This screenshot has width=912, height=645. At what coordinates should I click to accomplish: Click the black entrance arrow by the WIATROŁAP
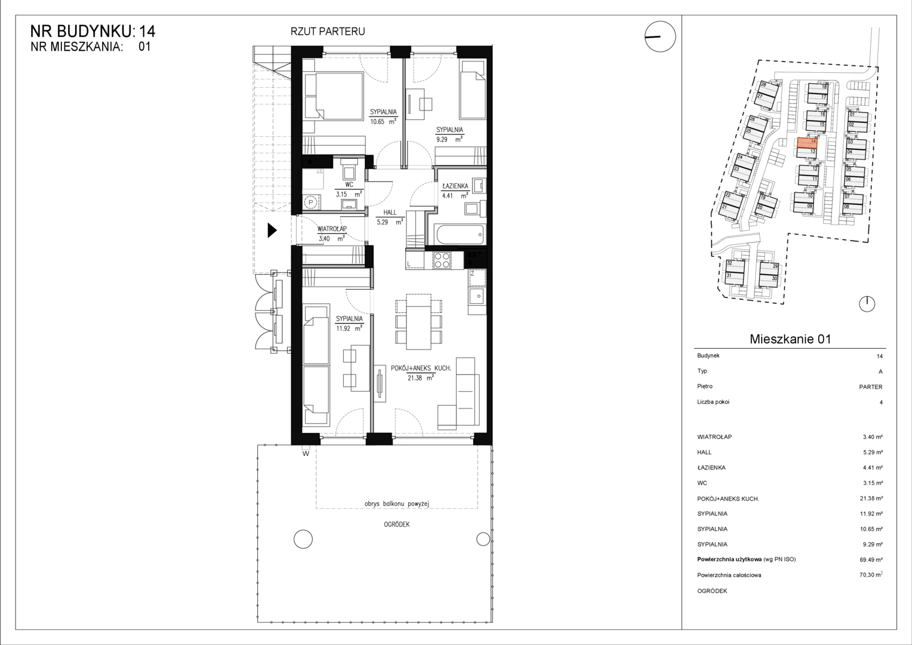tap(272, 231)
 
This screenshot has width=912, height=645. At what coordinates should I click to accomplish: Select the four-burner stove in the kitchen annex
tap(442, 260)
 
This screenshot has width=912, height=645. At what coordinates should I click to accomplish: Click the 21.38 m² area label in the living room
tap(421, 377)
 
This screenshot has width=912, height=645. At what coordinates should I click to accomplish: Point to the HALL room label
tap(390, 212)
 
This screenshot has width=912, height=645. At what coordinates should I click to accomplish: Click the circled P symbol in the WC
tap(311, 202)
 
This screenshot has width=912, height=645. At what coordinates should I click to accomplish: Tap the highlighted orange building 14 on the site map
tap(807, 142)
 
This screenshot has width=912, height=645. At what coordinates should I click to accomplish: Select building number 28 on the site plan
tap(764, 85)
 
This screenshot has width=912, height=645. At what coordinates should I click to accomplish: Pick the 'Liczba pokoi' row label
tap(713, 402)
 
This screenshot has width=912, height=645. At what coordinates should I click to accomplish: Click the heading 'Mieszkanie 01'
tap(790, 339)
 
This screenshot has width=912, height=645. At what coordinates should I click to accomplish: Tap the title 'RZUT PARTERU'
tap(327, 32)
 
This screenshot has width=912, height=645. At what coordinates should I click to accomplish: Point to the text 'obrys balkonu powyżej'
tap(396, 503)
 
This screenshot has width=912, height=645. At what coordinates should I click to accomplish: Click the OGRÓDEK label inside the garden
tap(396, 524)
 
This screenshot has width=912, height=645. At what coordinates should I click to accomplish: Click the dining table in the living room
tap(418, 322)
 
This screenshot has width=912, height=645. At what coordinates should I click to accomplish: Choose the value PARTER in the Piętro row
tap(871, 386)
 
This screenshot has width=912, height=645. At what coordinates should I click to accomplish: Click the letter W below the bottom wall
tap(306, 453)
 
